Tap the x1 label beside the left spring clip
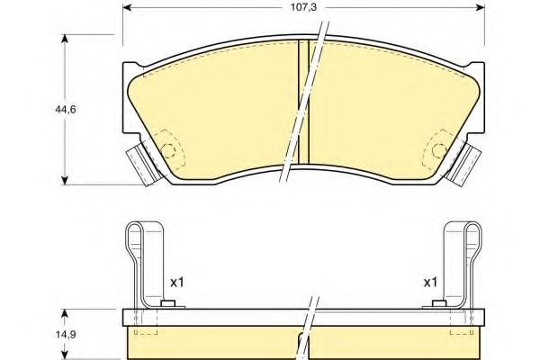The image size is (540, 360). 177,283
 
